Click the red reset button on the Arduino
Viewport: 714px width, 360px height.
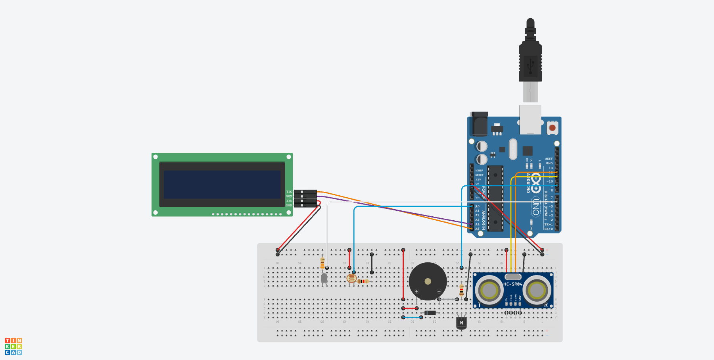pyautogui.click(x=552, y=128)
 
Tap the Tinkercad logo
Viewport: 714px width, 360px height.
pyautogui.click(x=13, y=347)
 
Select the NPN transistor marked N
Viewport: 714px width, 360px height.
pyautogui.click(x=461, y=322)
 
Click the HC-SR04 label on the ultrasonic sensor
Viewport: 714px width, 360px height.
pyautogui.click(x=512, y=284)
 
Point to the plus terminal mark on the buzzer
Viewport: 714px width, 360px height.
pyautogui.click(x=416, y=291)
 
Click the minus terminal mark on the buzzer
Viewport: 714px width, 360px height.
pyautogui.click(x=439, y=291)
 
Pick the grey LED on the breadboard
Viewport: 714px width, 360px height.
pyautogui.click(x=324, y=278)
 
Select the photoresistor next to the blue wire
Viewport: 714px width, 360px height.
pyautogui.click(x=351, y=278)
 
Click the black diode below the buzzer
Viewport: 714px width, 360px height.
pyautogui.click(x=430, y=313)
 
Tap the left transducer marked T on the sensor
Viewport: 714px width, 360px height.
pyautogui.click(x=489, y=291)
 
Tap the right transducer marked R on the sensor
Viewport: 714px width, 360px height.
pyautogui.click(x=537, y=291)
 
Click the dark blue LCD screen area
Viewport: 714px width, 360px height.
pyautogui.click(x=222, y=185)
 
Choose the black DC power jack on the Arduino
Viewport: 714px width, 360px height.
pyautogui.click(x=479, y=124)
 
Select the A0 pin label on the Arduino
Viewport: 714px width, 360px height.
pyautogui.click(x=478, y=206)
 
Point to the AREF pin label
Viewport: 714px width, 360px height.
pyautogui.click(x=549, y=159)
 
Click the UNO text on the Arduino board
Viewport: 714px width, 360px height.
pyautogui.click(x=536, y=206)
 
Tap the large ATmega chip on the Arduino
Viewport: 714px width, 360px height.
pyautogui.click(x=495, y=198)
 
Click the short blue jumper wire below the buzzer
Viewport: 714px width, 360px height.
pyautogui.click(x=412, y=318)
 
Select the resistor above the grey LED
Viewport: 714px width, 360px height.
pyautogui.click(x=322, y=263)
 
